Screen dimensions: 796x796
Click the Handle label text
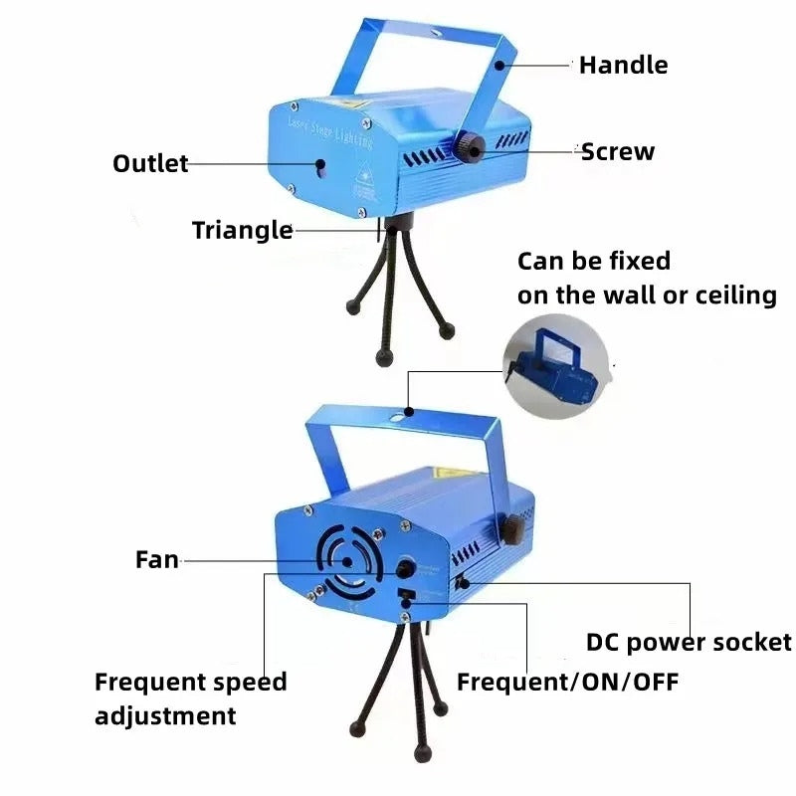(x=624, y=66)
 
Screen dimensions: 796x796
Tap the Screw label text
(x=618, y=152)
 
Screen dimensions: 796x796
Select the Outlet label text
(x=150, y=164)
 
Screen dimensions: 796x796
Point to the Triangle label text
(x=242, y=231)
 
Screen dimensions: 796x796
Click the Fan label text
(x=157, y=560)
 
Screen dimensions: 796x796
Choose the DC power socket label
(x=689, y=643)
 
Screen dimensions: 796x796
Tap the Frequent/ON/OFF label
(x=568, y=683)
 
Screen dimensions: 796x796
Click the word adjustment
(x=165, y=715)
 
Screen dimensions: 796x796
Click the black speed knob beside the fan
(x=406, y=569)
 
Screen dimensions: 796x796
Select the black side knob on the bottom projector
(x=513, y=529)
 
